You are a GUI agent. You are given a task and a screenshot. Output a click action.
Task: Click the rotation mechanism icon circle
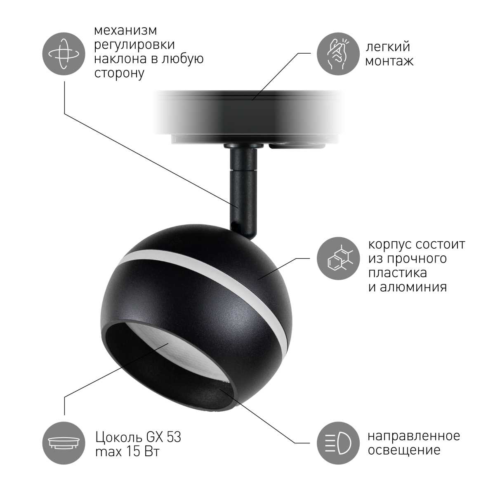pos(64,54)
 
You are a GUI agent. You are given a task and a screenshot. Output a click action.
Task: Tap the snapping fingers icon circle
pos(338,54)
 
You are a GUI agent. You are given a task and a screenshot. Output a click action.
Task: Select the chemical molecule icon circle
pos(338,259)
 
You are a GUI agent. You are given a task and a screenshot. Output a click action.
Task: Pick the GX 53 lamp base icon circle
pos(64,443)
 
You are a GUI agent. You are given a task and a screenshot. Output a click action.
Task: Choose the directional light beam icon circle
pos(338,443)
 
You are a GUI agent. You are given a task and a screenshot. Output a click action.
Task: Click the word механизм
pos(125,31)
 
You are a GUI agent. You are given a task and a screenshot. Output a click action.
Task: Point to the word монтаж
pos(389,61)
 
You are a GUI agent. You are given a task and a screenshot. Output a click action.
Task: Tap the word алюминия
pos(408,287)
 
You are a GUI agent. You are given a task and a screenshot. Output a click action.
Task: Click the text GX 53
pos(163,437)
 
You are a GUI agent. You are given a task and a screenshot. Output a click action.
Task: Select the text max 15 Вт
pos(127,451)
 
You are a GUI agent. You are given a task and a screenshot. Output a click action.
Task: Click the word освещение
pos(404,450)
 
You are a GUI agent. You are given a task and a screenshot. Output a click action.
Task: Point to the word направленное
pos(414,436)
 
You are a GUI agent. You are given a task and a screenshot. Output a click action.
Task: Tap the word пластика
pos(397,273)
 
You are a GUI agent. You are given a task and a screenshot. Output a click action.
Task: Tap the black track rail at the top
pos(248,113)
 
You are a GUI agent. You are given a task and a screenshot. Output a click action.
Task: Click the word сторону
pos(119,74)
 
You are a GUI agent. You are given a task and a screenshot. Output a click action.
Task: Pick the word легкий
pos(388,47)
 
